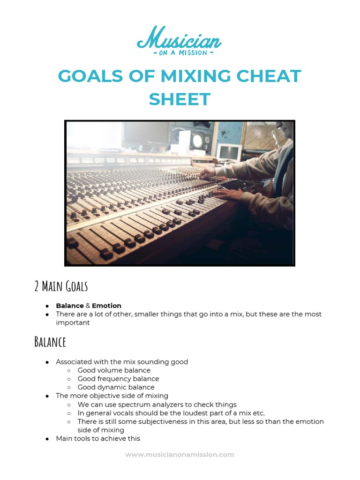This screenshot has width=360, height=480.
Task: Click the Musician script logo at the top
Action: click(x=179, y=38)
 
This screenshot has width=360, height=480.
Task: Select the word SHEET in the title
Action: click(x=180, y=99)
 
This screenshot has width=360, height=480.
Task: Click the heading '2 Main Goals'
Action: click(x=61, y=286)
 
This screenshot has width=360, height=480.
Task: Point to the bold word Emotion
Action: click(x=106, y=306)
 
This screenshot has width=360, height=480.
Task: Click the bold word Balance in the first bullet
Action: click(x=70, y=306)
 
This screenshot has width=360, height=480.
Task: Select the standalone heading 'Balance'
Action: click(x=50, y=342)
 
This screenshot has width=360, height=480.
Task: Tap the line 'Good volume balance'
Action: click(x=114, y=370)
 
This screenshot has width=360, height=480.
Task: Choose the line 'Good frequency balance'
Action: click(x=118, y=379)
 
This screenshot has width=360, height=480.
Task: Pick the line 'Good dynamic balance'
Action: click(x=116, y=387)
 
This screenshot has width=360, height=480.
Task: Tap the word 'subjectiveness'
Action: click(x=152, y=421)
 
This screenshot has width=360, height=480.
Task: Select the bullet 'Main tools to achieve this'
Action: click(x=98, y=438)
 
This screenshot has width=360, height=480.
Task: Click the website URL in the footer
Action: click(x=180, y=454)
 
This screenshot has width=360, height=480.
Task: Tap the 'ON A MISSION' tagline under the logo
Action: click(x=180, y=52)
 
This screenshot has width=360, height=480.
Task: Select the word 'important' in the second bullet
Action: click(x=73, y=322)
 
